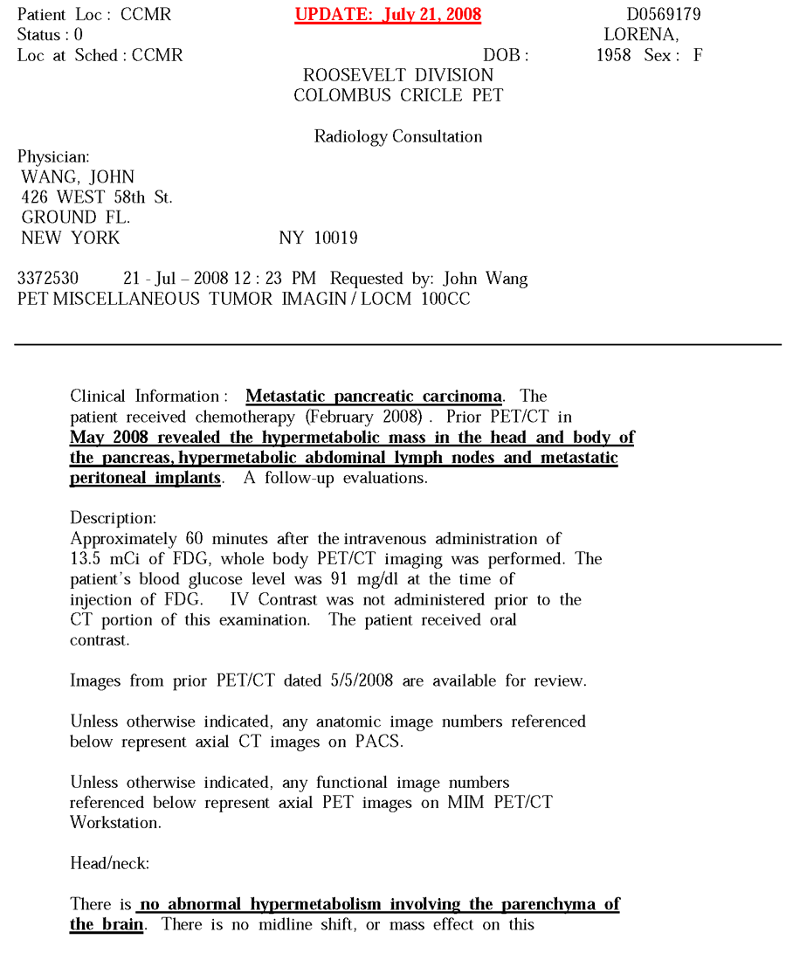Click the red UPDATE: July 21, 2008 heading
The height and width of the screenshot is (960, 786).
pos(388,16)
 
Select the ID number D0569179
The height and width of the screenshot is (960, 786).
pos(663,15)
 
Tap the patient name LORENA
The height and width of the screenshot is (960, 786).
pos(641,35)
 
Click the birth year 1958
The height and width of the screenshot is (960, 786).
pos(614,55)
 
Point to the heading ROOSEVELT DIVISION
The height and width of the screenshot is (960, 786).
pos(398,75)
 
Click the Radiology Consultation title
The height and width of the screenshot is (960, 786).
pos(398,136)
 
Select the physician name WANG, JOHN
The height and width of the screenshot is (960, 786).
pos(78,177)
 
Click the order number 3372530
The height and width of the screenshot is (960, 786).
pos(48,279)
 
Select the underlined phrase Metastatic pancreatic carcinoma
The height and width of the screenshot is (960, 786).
pos(374,397)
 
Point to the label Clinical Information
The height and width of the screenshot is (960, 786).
pos(144,397)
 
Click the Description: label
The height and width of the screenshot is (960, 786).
pos(114,519)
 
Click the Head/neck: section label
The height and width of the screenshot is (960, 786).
pos(110,863)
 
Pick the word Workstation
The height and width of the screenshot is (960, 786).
pos(114,823)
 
